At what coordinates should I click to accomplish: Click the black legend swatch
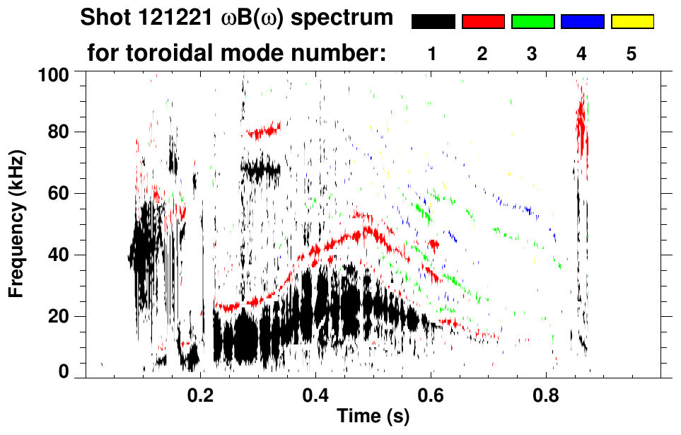pos(433,22)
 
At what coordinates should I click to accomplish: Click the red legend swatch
pos(483,22)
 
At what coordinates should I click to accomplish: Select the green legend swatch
pos(532,22)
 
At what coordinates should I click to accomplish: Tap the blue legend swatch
pos(582,22)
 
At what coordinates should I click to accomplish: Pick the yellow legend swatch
pos(631,22)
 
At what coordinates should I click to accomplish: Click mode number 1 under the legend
pos(432,54)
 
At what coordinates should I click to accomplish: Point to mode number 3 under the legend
pos(532,54)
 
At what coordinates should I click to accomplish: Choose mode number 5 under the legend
pos(631,54)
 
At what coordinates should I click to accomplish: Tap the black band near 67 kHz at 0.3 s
pos(260,170)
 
